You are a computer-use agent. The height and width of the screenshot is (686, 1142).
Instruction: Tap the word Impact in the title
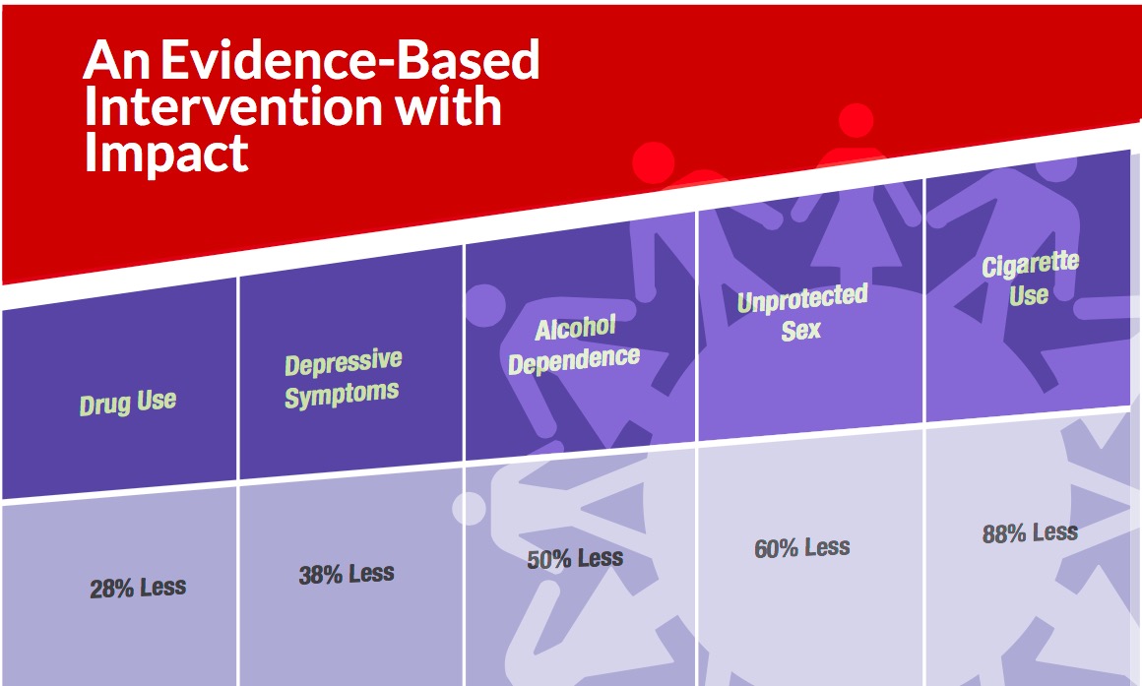point(165,153)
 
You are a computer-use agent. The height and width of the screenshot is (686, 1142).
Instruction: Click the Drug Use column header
point(128,402)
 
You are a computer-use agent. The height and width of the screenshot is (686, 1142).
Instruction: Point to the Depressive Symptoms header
point(343,378)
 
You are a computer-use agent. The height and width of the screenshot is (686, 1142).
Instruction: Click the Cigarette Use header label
point(1030,280)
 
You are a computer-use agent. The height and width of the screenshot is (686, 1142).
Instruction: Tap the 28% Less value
point(138,589)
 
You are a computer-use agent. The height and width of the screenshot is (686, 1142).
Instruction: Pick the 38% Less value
point(347,574)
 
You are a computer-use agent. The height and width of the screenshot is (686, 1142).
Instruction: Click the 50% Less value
point(575,559)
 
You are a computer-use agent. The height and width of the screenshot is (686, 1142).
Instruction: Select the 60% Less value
point(801,547)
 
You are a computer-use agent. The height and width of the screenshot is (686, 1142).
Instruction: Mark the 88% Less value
point(1030,533)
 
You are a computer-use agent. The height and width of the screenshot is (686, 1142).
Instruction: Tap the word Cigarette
point(1030,265)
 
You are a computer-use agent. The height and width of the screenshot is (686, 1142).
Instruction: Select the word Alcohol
point(575,329)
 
